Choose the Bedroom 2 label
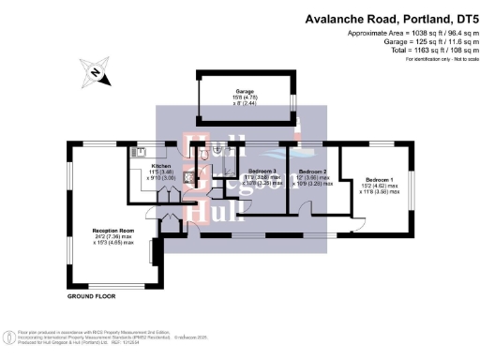point(311,172)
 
